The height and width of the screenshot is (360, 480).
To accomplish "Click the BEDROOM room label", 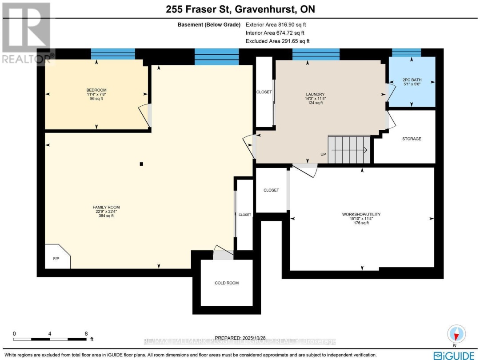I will [96, 90].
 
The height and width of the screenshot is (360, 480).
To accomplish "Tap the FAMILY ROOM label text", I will [106, 207].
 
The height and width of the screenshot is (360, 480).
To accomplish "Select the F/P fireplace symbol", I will [56, 258].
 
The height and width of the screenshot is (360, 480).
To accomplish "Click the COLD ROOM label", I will [227, 283].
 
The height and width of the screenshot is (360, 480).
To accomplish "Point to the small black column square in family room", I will [141, 164].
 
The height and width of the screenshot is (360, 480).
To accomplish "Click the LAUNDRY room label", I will [312, 94].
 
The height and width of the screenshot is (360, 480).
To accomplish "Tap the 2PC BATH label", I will [412, 80].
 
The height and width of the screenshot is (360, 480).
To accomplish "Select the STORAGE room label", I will [412, 139].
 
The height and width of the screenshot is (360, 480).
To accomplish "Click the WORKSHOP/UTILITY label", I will [361, 214].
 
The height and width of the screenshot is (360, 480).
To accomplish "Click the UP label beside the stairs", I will [323, 154].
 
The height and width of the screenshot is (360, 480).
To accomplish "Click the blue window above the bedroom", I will [113, 54].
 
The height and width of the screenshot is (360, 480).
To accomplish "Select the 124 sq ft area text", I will [312, 103].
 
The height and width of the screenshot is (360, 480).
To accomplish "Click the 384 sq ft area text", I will [106, 216].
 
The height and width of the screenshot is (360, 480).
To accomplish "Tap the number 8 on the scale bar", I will [86, 333].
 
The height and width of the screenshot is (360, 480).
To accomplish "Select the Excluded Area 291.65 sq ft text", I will [277, 41].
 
